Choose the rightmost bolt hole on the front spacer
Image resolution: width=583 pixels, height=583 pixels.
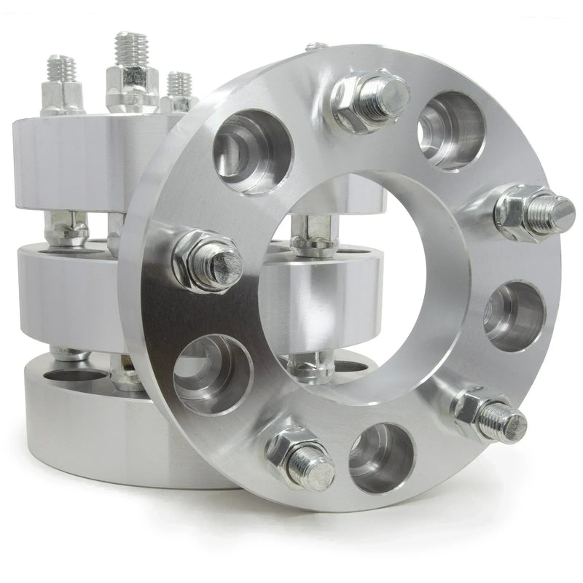(514, 316)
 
